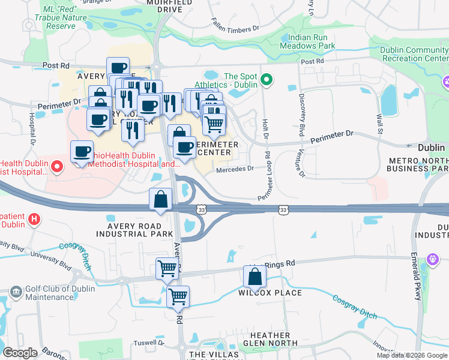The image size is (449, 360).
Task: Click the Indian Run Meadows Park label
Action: coord(307,41)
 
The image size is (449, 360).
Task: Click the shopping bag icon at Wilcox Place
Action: coord(255,277)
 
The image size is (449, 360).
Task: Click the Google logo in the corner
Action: coord(20,353)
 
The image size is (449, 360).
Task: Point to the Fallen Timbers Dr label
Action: coord(234,25)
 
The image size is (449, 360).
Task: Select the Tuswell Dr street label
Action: coord(148,343)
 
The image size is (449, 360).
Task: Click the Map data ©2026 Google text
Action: coord(412,355)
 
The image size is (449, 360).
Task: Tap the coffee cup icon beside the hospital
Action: coord(82,152)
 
